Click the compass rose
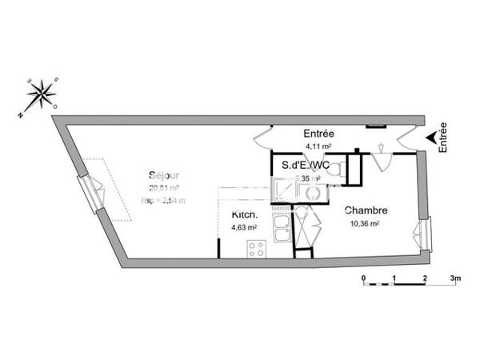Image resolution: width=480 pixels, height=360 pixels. (39, 95)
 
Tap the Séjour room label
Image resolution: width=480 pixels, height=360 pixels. (163, 176)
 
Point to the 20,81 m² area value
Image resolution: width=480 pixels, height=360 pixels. (163, 189)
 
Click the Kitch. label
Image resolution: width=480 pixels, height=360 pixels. (244, 215)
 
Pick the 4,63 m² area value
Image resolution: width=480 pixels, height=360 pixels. (244, 227)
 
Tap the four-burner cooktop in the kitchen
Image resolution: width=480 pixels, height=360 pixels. (257, 249)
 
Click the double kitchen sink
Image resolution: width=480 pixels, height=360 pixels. (282, 228)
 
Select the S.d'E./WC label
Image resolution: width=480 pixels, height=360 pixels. (306, 166)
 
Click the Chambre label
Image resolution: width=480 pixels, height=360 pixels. (366, 211)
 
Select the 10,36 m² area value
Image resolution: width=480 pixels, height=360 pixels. (364, 224)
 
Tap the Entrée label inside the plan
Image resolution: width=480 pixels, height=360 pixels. (318, 134)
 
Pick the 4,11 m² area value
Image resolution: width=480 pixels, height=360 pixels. (318, 147)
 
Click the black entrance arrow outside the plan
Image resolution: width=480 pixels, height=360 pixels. (432, 138)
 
